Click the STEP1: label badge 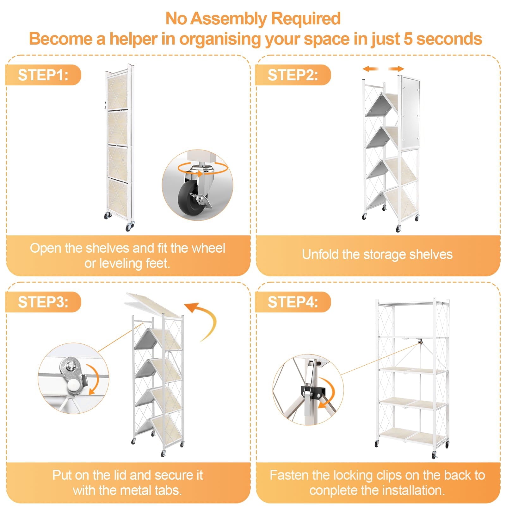[43, 75]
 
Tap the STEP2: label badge [293, 75]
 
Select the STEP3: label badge [43, 302]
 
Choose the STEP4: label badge [293, 302]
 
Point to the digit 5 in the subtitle [408, 39]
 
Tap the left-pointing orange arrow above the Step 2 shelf [371, 69]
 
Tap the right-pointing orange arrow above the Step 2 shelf [396, 69]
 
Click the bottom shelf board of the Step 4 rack [413, 436]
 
